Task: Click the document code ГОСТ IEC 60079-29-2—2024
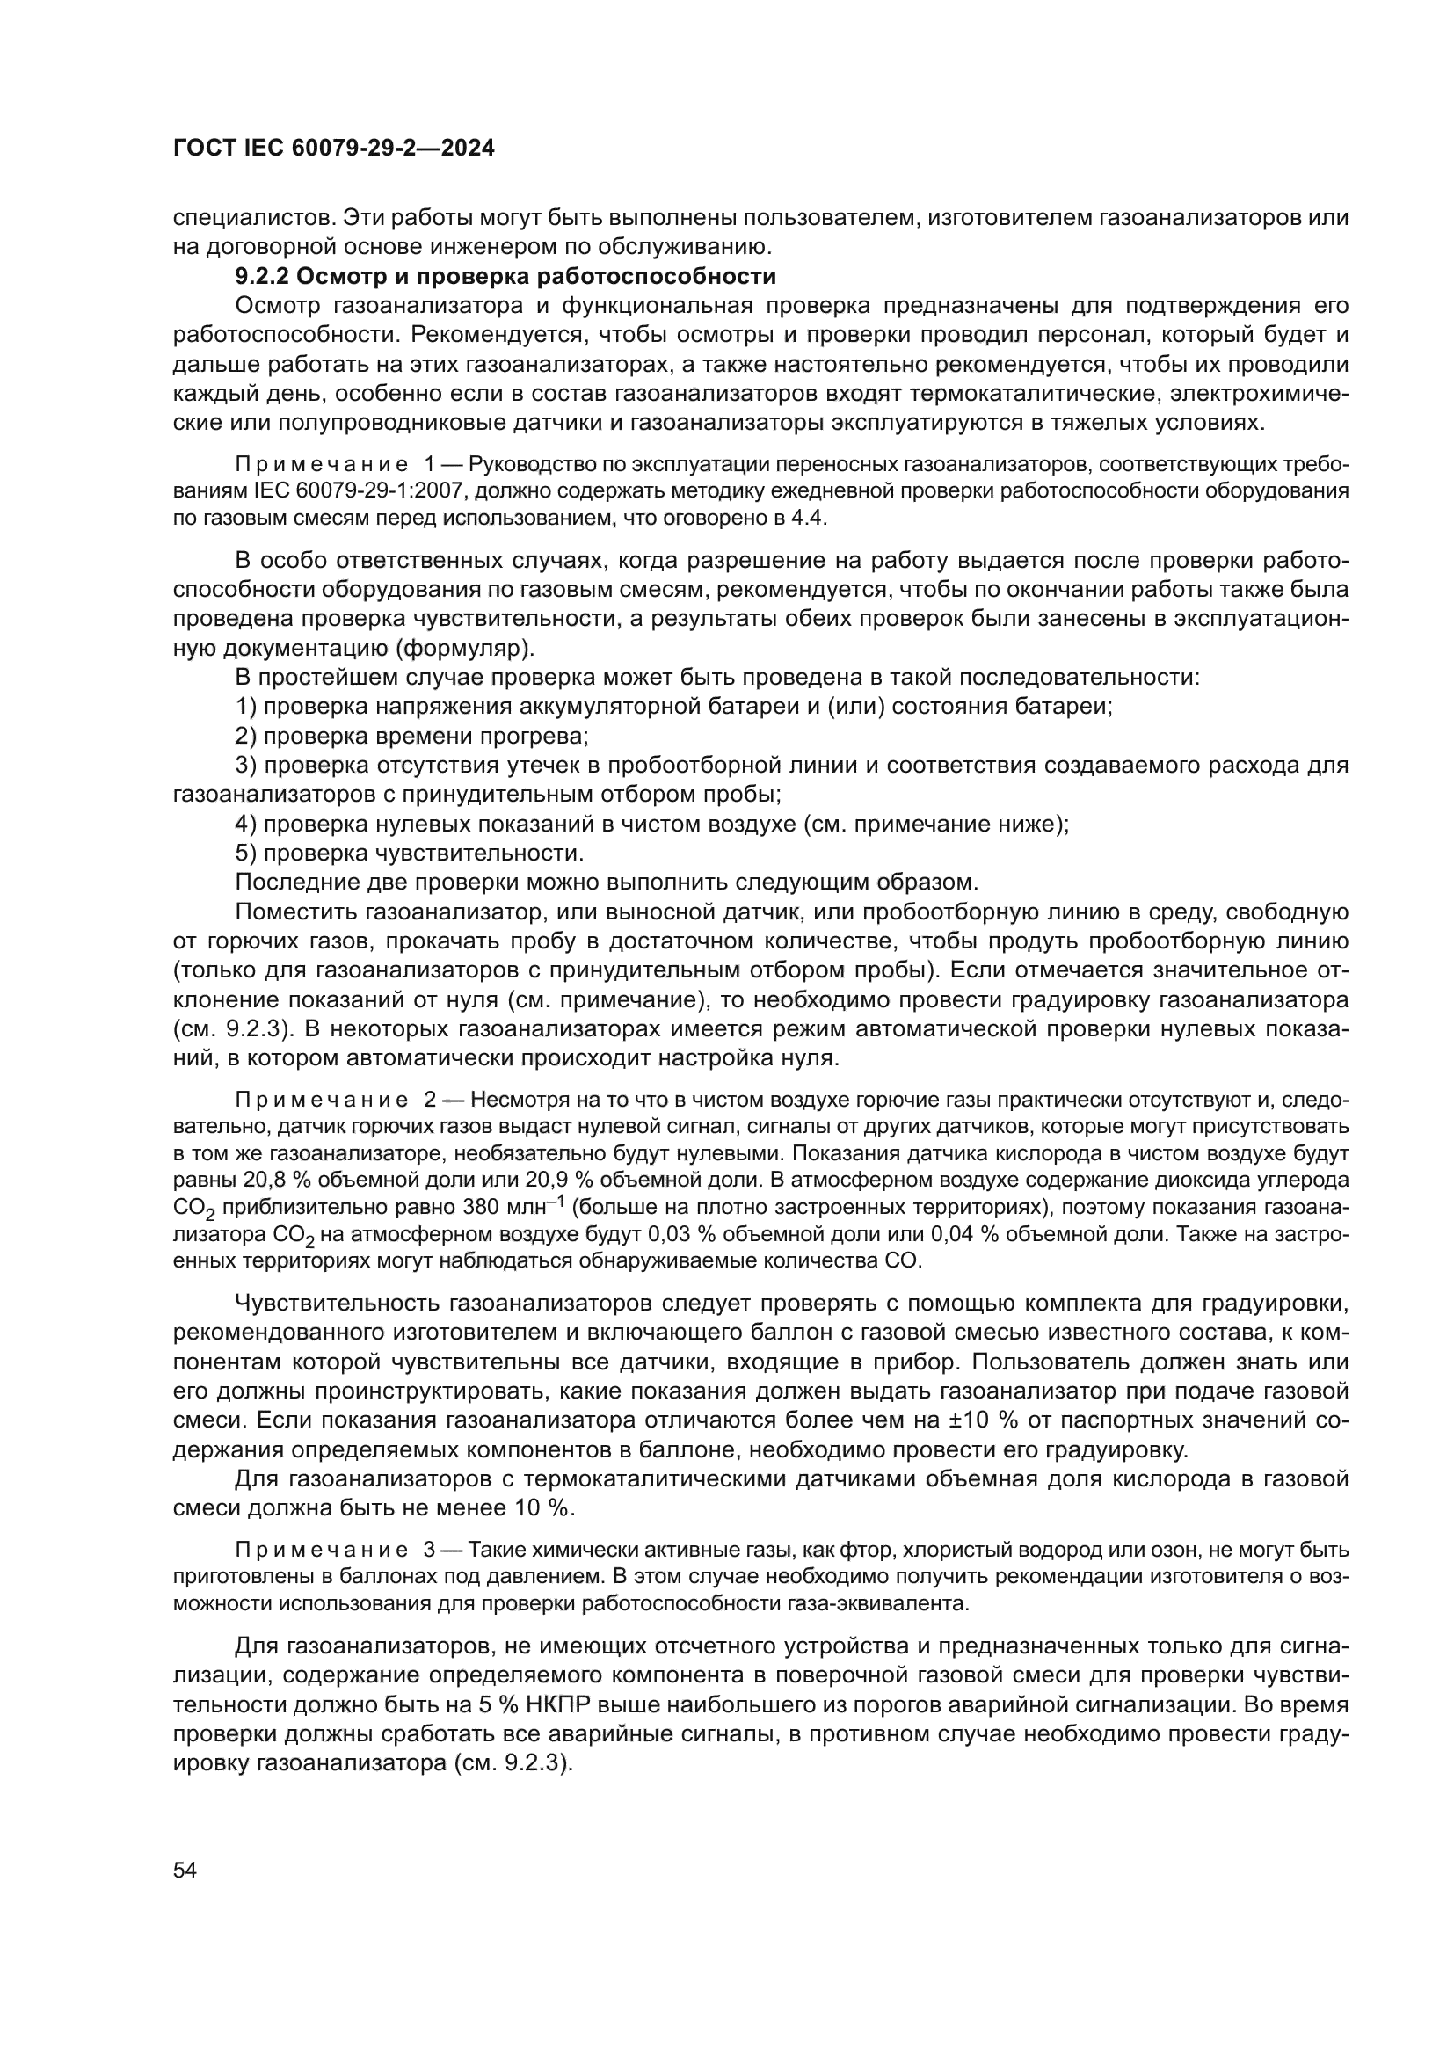[x=333, y=149]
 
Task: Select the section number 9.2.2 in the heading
[x=260, y=276]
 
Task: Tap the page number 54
[x=185, y=1870]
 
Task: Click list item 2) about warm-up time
[x=411, y=736]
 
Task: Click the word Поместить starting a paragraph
[x=296, y=912]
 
